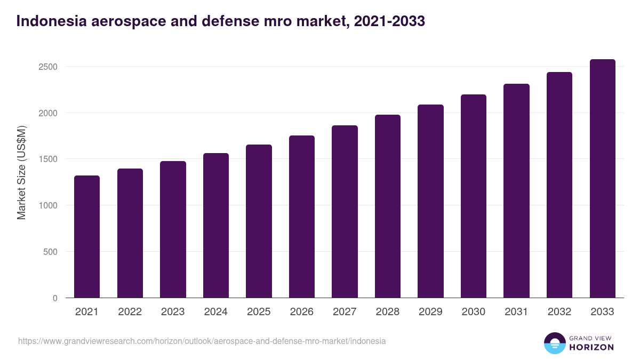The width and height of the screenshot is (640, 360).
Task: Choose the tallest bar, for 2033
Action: [x=602, y=178]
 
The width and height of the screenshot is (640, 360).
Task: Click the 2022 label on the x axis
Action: [x=130, y=312]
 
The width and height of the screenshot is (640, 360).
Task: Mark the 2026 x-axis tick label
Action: [x=302, y=312]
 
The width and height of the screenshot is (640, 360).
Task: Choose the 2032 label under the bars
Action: [x=559, y=312]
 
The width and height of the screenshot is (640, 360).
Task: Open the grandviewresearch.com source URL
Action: [x=202, y=341]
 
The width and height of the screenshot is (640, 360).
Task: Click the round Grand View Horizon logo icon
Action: [x=554, y=343]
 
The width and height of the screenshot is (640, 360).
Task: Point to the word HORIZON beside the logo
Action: [x=592, y=347]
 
